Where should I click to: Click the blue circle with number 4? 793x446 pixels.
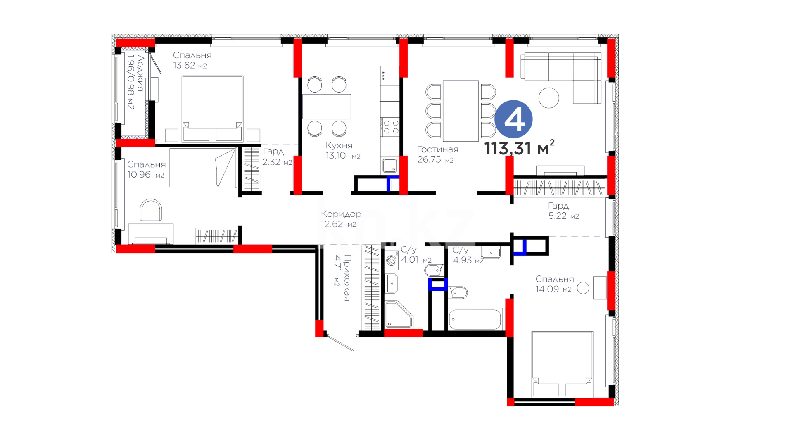(x=513, y=119)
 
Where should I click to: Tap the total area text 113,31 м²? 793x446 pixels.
(x=519, y=148)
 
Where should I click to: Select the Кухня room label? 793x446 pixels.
(x=339, y=145)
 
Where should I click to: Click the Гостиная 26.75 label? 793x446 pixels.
(x=437, y=154)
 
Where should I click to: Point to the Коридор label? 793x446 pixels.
(x=341, y=214)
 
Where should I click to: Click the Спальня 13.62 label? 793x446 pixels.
(x=192, y=60)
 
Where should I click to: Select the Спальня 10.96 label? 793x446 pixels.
(x=146, y=169)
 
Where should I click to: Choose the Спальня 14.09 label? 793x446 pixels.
(x=555, y=284)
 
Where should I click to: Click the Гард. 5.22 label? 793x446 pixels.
(x=563, y=211)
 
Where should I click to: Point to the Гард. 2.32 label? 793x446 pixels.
(x=277, y=157)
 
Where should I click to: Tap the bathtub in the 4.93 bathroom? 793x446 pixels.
(x=475, y=319)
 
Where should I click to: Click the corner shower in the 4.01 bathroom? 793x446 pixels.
(x=399, y=315)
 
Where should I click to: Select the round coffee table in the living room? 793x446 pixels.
(x=549, y=98)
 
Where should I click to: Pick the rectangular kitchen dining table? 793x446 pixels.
(x=326, y=107)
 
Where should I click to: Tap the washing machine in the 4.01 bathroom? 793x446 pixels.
(x=391, y=260)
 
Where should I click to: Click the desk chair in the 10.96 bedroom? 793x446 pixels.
(x=151, y=210)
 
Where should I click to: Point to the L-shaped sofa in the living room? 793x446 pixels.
(x=560, y=78)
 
